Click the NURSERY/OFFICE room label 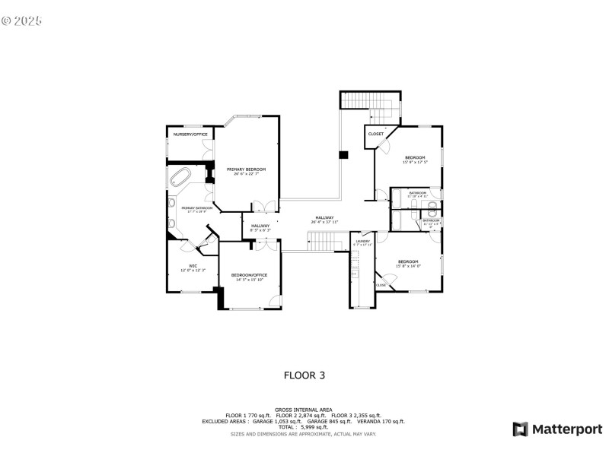coord(190,135)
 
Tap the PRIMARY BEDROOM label coord(246,169)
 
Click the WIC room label coord(193,265)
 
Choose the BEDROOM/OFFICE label coord(249,275)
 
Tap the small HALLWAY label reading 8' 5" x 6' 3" coord(260,226)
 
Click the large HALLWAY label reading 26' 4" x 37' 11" coord(325,218)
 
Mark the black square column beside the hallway coord(343,155)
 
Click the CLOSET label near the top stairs coord(376,135)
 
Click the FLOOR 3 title coord(304,375)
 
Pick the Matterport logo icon coord(520,429)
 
